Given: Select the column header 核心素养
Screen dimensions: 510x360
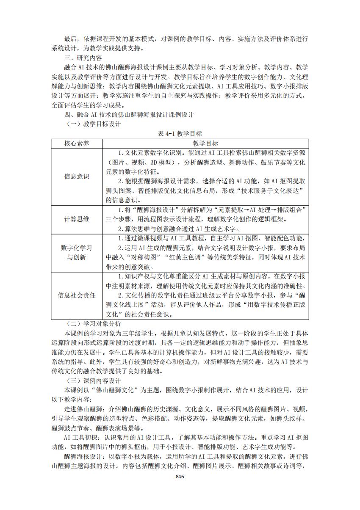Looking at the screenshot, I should coord(77,143).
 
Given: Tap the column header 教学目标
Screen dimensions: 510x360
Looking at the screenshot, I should coord(205,143).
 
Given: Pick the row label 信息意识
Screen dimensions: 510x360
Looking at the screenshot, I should coord(77,176).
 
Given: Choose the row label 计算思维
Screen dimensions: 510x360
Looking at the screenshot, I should coord(77,219).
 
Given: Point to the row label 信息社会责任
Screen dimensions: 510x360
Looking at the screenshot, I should coord(77,295).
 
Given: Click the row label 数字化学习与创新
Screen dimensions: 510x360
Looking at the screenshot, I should coord(77,252).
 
